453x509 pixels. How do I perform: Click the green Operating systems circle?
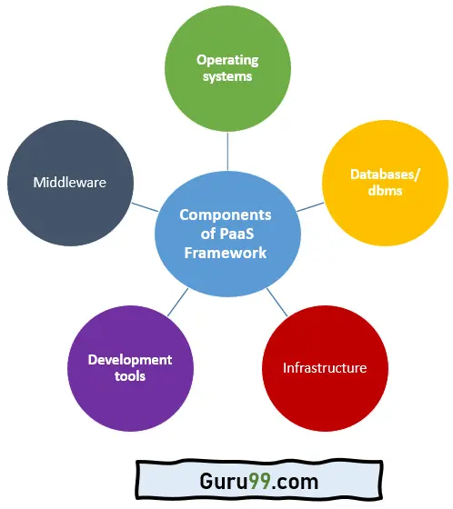coord(226,69)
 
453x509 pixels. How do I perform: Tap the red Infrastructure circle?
coord(325,368)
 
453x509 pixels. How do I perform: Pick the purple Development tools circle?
coord(130,367)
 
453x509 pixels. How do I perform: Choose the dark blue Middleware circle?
coord(69,182)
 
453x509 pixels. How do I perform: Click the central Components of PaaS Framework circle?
coord(226,234)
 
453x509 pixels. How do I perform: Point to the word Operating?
coord(227,60)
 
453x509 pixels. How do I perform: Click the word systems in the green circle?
coord(227,77)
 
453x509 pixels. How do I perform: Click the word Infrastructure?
coord(325,368)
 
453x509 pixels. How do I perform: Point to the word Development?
coord(130,359)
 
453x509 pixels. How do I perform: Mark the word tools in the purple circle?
coord(130,375)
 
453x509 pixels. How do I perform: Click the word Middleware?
coord(69,182)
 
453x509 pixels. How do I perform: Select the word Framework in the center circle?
coord(226,252)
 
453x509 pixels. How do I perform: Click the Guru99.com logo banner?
coord(227,480)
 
